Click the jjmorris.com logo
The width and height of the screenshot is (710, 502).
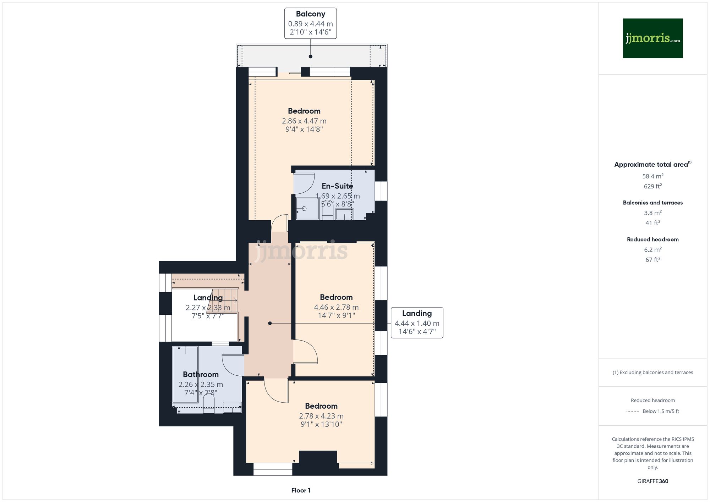click(x=652, y=38)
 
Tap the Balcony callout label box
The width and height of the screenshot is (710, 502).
click(x=310, y=23)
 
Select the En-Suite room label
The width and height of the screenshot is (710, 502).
click(x=337, y=186)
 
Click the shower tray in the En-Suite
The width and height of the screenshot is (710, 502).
click(x=307, y=209)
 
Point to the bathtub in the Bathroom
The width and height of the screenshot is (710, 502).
click(x=185, y=375)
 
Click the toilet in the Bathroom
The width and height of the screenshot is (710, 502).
click(x=209, y=404)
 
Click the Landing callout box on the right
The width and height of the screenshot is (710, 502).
click(x=417, y=322)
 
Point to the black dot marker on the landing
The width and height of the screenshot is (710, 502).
click(x=270, y=323)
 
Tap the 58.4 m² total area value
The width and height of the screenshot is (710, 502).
click(x=652, y=176)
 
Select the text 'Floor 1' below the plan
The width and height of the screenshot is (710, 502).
click(x=301, y=490)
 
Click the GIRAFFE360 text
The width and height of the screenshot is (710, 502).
click(x=652, y=481)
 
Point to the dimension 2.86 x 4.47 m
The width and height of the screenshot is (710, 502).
click(x=304, y=121)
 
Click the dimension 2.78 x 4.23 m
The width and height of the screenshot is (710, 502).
click(x=321, y=416)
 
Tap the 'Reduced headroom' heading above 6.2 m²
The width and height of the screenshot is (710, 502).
click(x=652, y=239)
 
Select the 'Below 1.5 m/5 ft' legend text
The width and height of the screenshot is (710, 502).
click(x=661, y=411)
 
